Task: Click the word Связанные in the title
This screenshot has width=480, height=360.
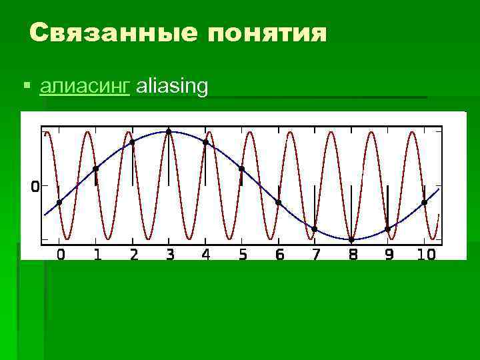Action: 112,33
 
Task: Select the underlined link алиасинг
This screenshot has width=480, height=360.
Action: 85,87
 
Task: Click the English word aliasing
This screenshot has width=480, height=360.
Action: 173,87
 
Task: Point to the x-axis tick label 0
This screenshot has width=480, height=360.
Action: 60,254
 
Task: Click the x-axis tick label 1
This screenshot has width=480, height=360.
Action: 97,254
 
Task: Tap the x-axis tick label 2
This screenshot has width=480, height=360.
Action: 134,254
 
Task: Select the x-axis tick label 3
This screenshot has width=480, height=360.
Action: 170,254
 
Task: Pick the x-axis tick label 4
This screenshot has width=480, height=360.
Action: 206,254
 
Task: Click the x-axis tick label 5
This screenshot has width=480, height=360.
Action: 243,254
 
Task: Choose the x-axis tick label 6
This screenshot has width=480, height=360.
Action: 279,254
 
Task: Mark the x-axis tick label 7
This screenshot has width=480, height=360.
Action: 316,254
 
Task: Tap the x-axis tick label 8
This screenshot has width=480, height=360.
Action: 352,254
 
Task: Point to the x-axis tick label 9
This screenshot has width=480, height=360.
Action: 389,254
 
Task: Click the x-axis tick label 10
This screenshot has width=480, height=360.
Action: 426,254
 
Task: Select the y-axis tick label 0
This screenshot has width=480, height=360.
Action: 35,187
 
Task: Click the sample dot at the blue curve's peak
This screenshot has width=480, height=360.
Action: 169,131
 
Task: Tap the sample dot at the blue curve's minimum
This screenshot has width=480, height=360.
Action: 351,239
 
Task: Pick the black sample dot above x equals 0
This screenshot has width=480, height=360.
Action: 59,202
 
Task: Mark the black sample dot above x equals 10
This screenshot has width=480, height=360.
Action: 424,202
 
